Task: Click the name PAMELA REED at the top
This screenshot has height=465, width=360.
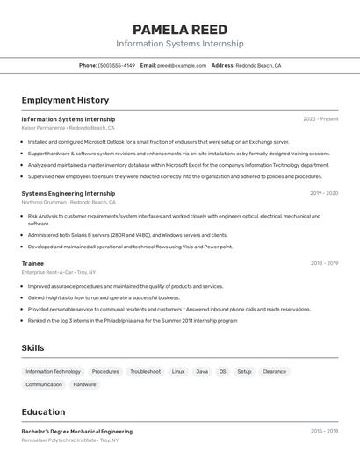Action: [179, 30]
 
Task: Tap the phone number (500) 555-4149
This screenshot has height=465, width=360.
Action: [117, 65]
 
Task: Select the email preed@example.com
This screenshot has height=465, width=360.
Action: [182, 65]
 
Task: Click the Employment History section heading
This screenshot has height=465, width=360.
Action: [65, 100]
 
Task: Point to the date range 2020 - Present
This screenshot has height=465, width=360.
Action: [320, 118]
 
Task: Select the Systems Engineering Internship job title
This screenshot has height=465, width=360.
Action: [68, 193]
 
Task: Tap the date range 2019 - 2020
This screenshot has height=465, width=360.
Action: [323, 193]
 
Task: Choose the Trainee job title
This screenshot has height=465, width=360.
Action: [32, 263]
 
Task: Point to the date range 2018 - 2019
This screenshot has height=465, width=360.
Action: [323, 263]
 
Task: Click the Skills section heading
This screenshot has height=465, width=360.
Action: [32, 348]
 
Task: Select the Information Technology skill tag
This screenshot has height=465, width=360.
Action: [53, 371]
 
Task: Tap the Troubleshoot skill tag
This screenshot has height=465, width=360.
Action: [146, 371]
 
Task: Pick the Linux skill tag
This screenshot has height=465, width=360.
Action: [178, 371]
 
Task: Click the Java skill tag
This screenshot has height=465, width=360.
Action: [202, 371]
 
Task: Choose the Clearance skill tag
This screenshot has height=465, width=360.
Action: [274, 371]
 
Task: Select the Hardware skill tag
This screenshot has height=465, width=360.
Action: [84, 384]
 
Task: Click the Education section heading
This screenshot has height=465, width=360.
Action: [43, 411]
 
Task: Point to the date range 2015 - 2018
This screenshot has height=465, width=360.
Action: [323, 431]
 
